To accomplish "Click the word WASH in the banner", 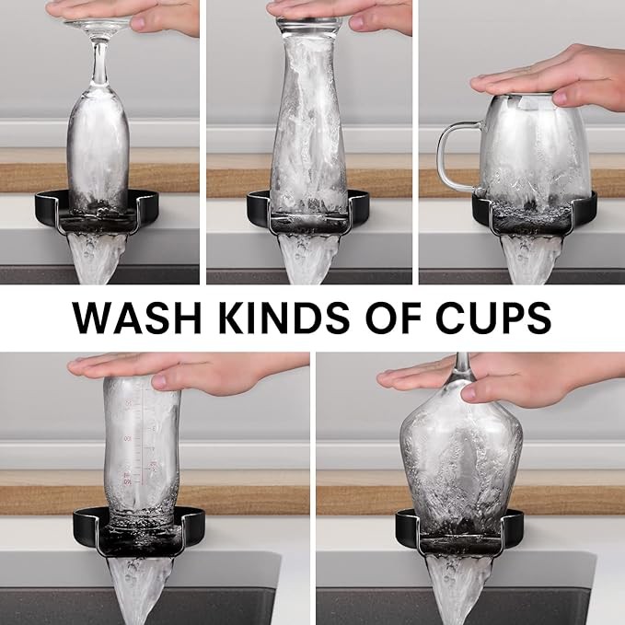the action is click(x=137, y=318).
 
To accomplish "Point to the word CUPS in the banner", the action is click(x=493, y=318).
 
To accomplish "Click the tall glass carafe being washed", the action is click(x=309, y=120).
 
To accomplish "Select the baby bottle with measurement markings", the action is click(x=142, y=450).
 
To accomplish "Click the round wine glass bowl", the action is click(x=461, y=467).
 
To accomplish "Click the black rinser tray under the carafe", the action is click(x=308, y=215).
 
